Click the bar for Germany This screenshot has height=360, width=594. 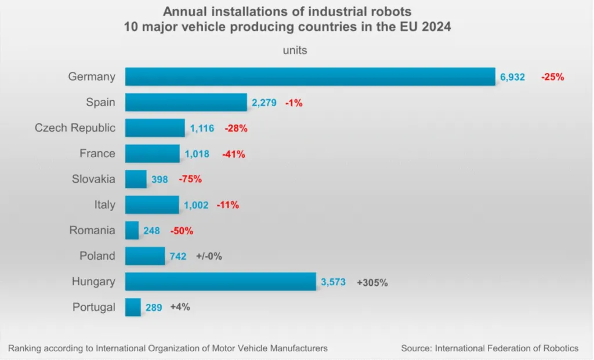[310, 77]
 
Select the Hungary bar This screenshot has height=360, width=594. [220, 282]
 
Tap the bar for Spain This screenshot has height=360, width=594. [186, 102]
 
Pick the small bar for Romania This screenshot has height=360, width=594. [132, 230]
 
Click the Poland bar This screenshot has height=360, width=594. [145, 256]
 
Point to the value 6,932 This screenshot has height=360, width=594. [513, 77]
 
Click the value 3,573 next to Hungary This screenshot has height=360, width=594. [334, 282]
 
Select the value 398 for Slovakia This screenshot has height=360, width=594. [160, 180]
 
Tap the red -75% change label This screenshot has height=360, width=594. [190, 179]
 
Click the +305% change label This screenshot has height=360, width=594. [372, 283]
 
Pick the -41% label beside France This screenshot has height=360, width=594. [233, 154]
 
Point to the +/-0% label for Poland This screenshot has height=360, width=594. [209, 256]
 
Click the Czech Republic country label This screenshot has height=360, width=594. [75, 128]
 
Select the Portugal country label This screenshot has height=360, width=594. [94, 307]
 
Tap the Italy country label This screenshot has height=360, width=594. [105, 205]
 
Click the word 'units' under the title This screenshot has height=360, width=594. [295, 50]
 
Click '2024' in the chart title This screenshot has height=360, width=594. [436, 27]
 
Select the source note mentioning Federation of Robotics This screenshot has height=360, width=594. [490, 348]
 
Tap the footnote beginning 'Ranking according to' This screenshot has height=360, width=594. [168, 348]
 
